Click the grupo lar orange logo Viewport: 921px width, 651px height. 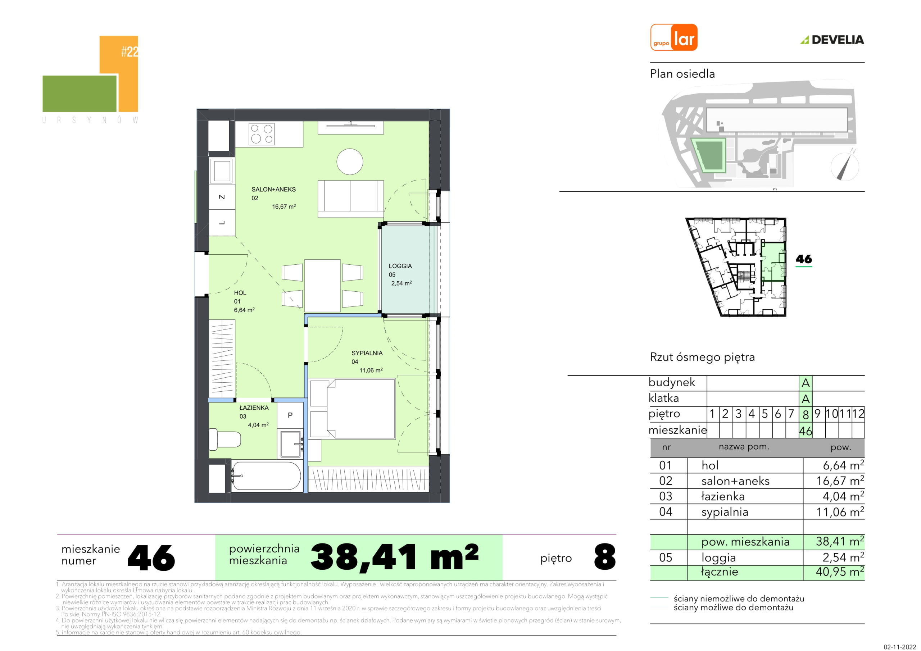click(x=674, y=37)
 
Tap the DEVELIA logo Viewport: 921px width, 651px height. click(x=832, y=40)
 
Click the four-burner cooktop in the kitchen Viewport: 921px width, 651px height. click(x=262, y=134)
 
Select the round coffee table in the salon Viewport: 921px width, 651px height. click(x=350, y=161)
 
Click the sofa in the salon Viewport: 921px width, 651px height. click(x=350, y=199)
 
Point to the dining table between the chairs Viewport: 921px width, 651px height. click(x=322, y=285)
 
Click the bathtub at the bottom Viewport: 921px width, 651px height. click(x=266, y=476)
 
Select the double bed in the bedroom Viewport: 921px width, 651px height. click(x=353, y=409)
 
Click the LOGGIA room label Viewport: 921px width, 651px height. click(x=400, y=266)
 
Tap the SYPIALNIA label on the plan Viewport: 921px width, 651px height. click(x=367, y=353)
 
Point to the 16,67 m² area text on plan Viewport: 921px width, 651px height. click(x=284, y=206)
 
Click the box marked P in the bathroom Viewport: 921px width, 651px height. click(x=290, y=415)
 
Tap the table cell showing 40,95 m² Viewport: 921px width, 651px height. click(x=840, y=572)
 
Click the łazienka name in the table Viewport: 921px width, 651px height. click(x=723, y=497)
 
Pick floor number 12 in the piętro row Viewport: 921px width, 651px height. click(x=858, y=414)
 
